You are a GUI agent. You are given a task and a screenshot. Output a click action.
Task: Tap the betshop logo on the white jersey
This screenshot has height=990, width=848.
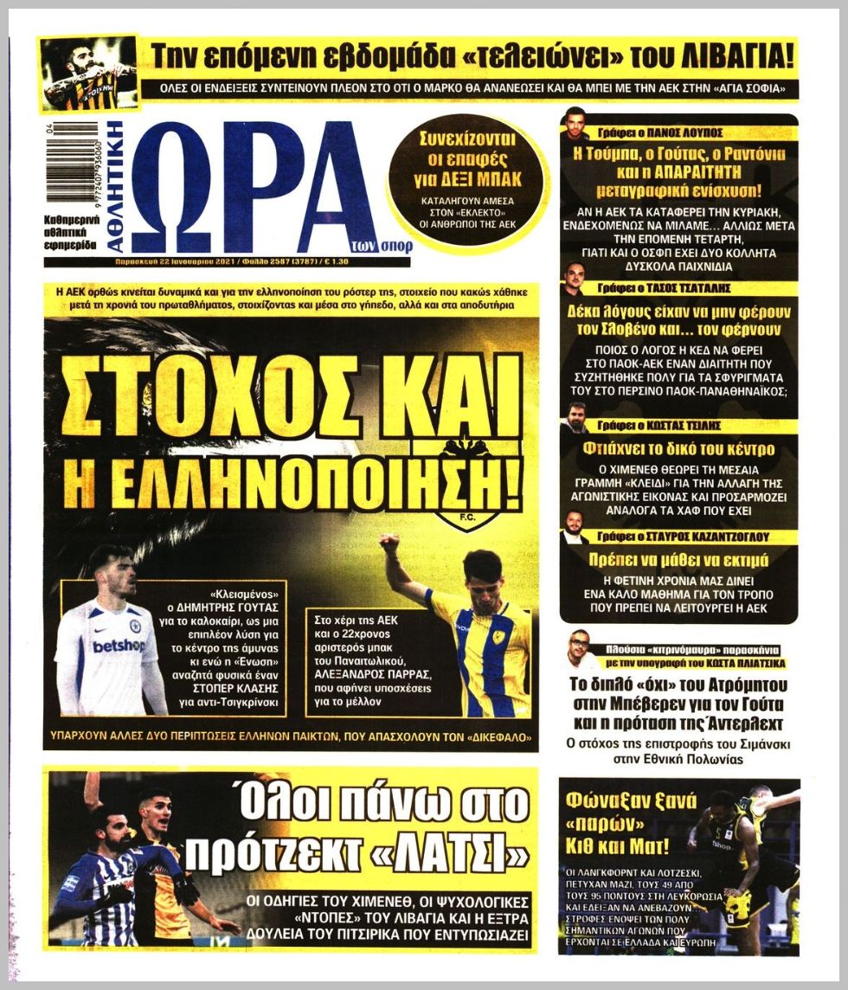pyautogui.click(x=119, y=646)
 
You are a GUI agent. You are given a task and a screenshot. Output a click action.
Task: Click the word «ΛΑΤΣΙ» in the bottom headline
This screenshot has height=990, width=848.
pyautogui.click(x=462, y=853)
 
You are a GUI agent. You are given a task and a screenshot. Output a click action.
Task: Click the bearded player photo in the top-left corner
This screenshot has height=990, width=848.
pyautogui.click(x=88, y=73)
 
